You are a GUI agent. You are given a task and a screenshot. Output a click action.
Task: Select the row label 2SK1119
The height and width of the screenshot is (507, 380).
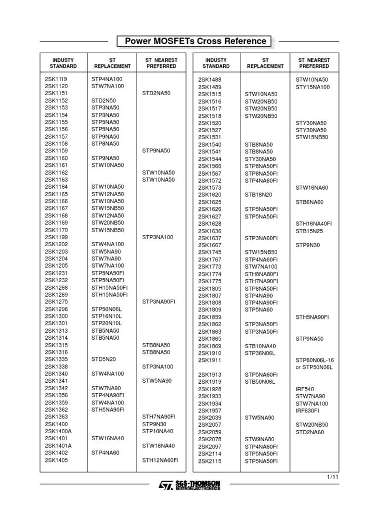pyautogui.click(x=56, y=79)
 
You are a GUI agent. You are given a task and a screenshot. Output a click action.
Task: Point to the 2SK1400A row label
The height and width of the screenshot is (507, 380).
pyautogui.click(x=58, y=431)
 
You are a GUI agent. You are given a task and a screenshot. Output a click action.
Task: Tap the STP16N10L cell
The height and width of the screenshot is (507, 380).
pyautogui.click(x=106, y=316)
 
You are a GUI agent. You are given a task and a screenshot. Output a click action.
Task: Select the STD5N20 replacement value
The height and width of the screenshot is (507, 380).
pyautogui.click(x=103, y=359)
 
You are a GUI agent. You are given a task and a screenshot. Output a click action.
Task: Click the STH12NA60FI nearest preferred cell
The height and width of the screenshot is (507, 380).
pyautogui.click(x=160, y=460)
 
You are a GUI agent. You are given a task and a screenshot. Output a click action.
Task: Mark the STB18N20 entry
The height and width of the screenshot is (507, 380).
pyautogui.click(x=258, y=195)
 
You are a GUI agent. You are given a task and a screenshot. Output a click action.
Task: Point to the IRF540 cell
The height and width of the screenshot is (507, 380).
pyautogui.click(x=305, y=389)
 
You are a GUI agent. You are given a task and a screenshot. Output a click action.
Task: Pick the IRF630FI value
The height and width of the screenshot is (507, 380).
pyautogui.click(x=308, y=410)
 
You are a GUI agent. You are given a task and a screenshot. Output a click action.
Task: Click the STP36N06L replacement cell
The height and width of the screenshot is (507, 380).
pyautogui.click(x=260, y=353)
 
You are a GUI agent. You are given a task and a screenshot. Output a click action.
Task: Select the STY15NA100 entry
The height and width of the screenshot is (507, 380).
pyautogui.click(x=312, y=87)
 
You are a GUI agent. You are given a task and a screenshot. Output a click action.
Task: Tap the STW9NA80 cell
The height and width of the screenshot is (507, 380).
pyautogui.click(x=259, y=439)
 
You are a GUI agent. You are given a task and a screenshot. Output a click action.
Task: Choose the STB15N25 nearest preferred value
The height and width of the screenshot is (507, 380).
pyautogui.click(x=309, y=231)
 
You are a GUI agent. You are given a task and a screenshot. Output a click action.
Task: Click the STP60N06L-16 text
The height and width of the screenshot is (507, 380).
pyautogui.click(x=315, y=360)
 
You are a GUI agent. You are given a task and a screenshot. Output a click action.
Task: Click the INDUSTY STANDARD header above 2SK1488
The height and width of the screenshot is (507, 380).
pyautogui.click(x=216, y=63)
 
